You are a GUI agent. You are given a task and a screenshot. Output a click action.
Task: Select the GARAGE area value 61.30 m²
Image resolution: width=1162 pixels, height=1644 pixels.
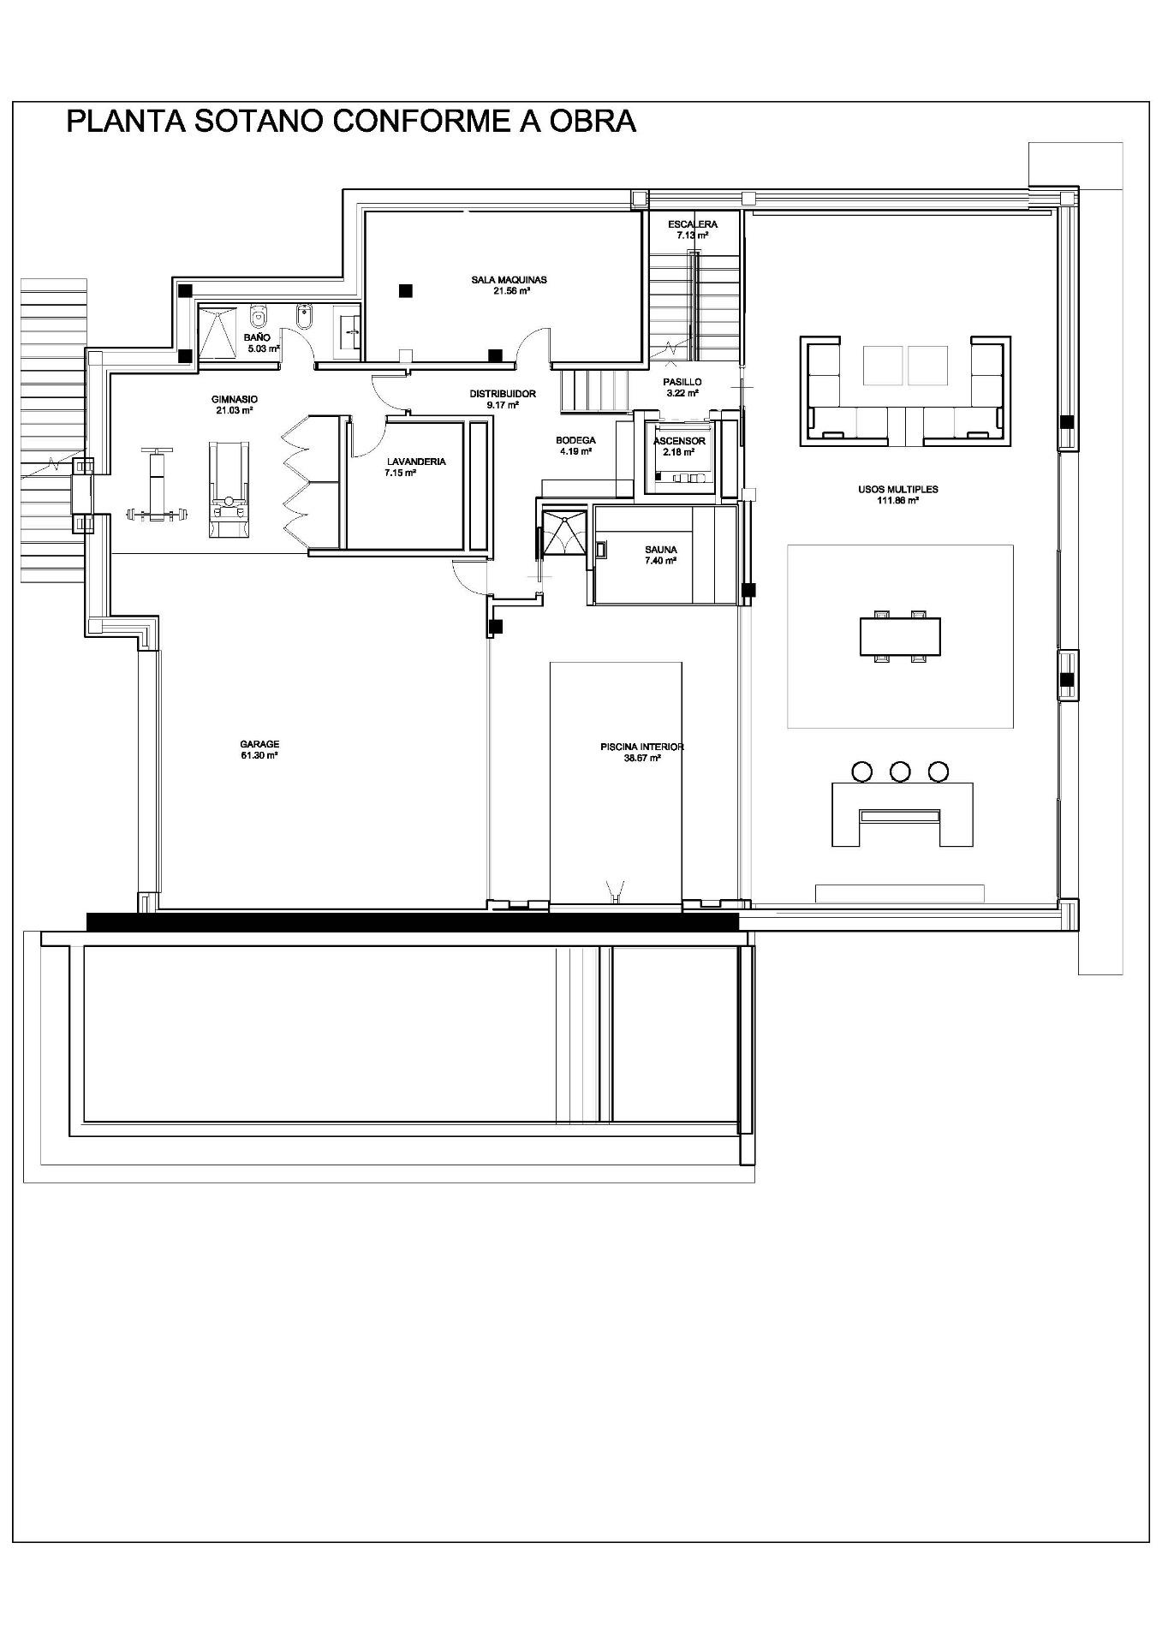click(x=259, y=755)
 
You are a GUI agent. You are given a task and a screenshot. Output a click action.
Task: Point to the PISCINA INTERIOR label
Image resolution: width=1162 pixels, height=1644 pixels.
click(x=642, y=747)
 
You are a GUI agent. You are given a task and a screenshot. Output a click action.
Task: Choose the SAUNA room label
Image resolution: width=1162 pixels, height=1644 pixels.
click(x=661, y=550)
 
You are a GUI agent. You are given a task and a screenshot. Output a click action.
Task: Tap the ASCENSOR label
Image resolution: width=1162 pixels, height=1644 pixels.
click(x=679, y=441)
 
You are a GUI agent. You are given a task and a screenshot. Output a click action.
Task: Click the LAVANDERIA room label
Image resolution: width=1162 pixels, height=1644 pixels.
click(x=416, y=462)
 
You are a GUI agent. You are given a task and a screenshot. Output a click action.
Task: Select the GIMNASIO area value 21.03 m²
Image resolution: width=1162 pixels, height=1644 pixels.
click(x=234, y=410)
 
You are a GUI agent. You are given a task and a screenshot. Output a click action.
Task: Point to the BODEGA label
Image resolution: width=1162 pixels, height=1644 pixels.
click(x=575, y=440)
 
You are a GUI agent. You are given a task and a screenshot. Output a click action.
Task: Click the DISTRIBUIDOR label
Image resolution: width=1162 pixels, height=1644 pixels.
click(x=503, y=394)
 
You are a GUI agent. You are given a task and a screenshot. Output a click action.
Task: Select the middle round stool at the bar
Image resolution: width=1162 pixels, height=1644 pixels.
click(x=900, y=771)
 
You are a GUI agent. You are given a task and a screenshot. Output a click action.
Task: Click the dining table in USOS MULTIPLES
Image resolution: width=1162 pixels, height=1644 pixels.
click(x=900, y=635)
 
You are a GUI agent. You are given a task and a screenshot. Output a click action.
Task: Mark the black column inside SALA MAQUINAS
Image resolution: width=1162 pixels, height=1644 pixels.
click(x=405, y=290)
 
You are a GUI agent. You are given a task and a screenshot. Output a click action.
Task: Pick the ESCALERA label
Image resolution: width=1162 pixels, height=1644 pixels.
click(x=693, y=224)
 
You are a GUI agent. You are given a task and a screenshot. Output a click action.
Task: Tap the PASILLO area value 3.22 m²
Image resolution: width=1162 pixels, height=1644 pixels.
click(x=682, y=393)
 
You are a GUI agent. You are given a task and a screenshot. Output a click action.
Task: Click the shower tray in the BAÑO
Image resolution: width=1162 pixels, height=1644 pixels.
click(x=217, y=332)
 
